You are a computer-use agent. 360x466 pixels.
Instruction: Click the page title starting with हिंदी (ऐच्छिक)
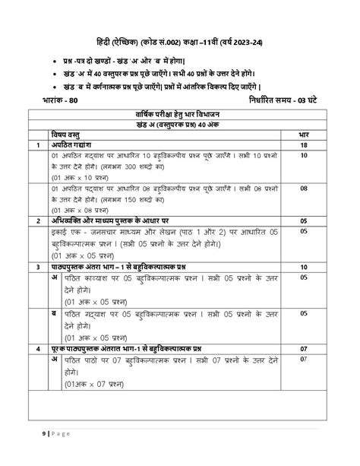coord(180,40)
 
